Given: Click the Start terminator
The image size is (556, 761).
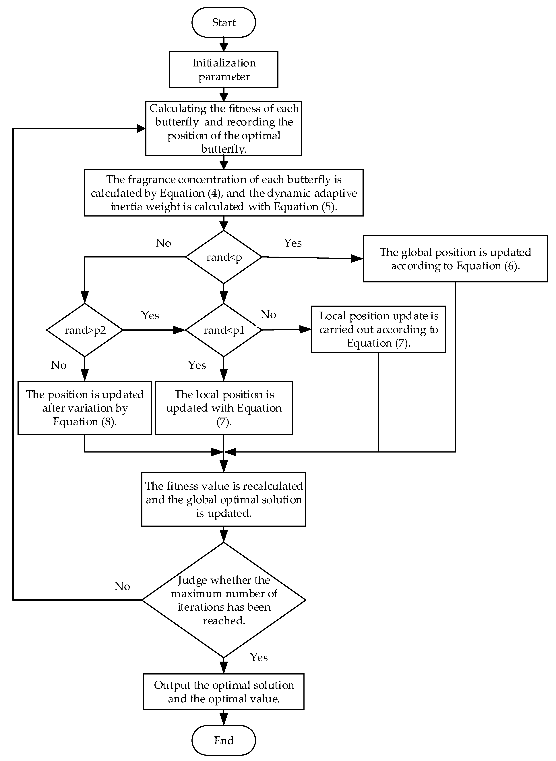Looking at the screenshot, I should tap(224, 23).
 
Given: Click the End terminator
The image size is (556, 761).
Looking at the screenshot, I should tap(224, 740).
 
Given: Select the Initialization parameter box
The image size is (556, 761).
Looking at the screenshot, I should tap(224, 70).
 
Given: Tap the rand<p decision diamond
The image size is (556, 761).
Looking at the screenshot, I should tap(224, 257).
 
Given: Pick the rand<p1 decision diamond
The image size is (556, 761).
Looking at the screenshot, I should tap(224, 330).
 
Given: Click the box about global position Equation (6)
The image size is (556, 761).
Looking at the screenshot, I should tap(455, 259).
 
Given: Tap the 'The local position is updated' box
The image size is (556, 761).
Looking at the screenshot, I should tap(224, 408).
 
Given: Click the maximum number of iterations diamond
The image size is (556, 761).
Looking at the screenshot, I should tap(224, 600).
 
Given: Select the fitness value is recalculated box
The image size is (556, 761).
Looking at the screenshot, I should tap(224, 500).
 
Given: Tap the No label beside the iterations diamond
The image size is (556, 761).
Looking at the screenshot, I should tap(122, 586).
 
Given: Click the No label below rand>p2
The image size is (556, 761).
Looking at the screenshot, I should tap(59, 365).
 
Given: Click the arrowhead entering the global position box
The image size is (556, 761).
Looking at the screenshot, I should tap(357, 258).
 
